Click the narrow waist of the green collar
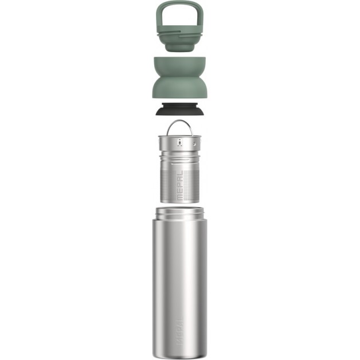[x=179, y=79]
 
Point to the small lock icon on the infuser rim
[x=180, y=143]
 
